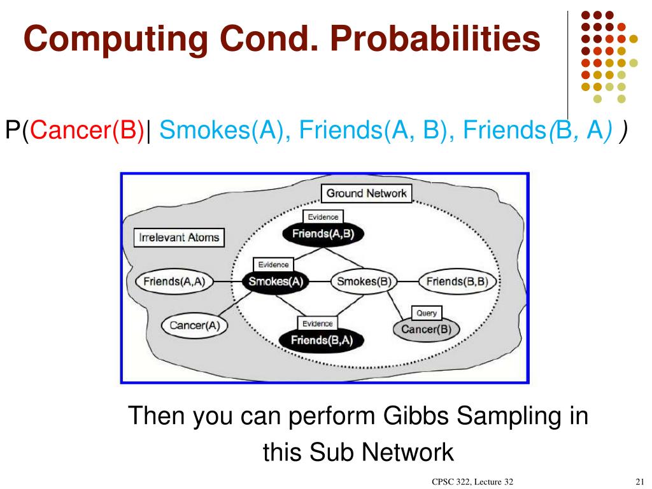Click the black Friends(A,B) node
pyautogui.click(x=323, y=233)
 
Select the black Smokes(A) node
pyautogui.click(x=274, y=281)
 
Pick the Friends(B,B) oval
pyautogui.click(x=457, y=281)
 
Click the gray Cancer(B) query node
pyautogui.click(x=426, y=329)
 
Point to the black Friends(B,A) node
pyautogui.click(x=322, y=340)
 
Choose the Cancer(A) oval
pyautogui.click(x=195, y=325)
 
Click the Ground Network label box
pyautogui.click(x=366, y=194)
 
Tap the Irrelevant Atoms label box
pyautogui.click(x=179, y=238)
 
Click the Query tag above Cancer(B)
pyautogui.click(x=427, y=313)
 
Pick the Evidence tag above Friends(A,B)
pyautogui.click(x=323, y=217)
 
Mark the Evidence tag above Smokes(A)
pyautogui.click(x=273, y=265)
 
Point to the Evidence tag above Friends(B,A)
pyautogui.click(x=317, y=323)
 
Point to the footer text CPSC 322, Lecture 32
pyautogui.click(x=472, y=481)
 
